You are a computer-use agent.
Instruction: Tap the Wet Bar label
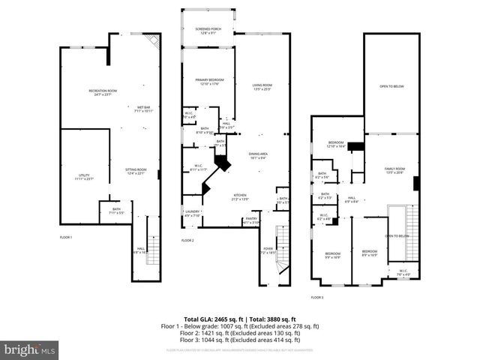click(142, 109)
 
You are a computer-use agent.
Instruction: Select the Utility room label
click(83, 177)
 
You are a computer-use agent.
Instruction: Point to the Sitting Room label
click(136, 172)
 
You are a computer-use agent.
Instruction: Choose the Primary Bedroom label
click(210, 81)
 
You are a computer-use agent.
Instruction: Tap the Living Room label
click(262, 87)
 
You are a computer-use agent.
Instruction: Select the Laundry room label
click(193, 214)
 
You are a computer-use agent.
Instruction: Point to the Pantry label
click(250, 220)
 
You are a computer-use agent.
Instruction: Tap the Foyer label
click(268, 251)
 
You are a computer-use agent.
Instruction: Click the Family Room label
click(394, 170)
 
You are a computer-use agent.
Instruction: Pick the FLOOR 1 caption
click(67, 237)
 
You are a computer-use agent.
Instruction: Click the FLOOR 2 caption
click(187, 240)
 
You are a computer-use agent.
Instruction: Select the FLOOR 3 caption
click(317, 297)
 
